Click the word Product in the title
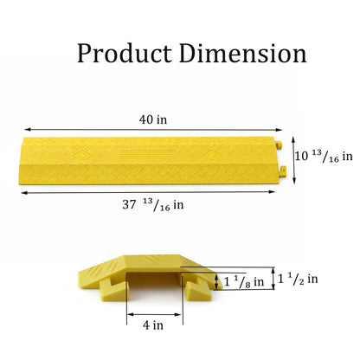tap(125, 54)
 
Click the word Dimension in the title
tap(243, 53)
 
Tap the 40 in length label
tap(153, 119)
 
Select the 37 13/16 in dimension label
tap(153, 205)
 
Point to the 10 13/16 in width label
tap(324, 157)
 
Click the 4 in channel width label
tap(153, 325)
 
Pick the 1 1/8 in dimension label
tap(244, 281)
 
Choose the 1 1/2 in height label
tap(298, 279)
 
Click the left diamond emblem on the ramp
tap(81, 156)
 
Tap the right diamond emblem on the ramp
tap(211, 155)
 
